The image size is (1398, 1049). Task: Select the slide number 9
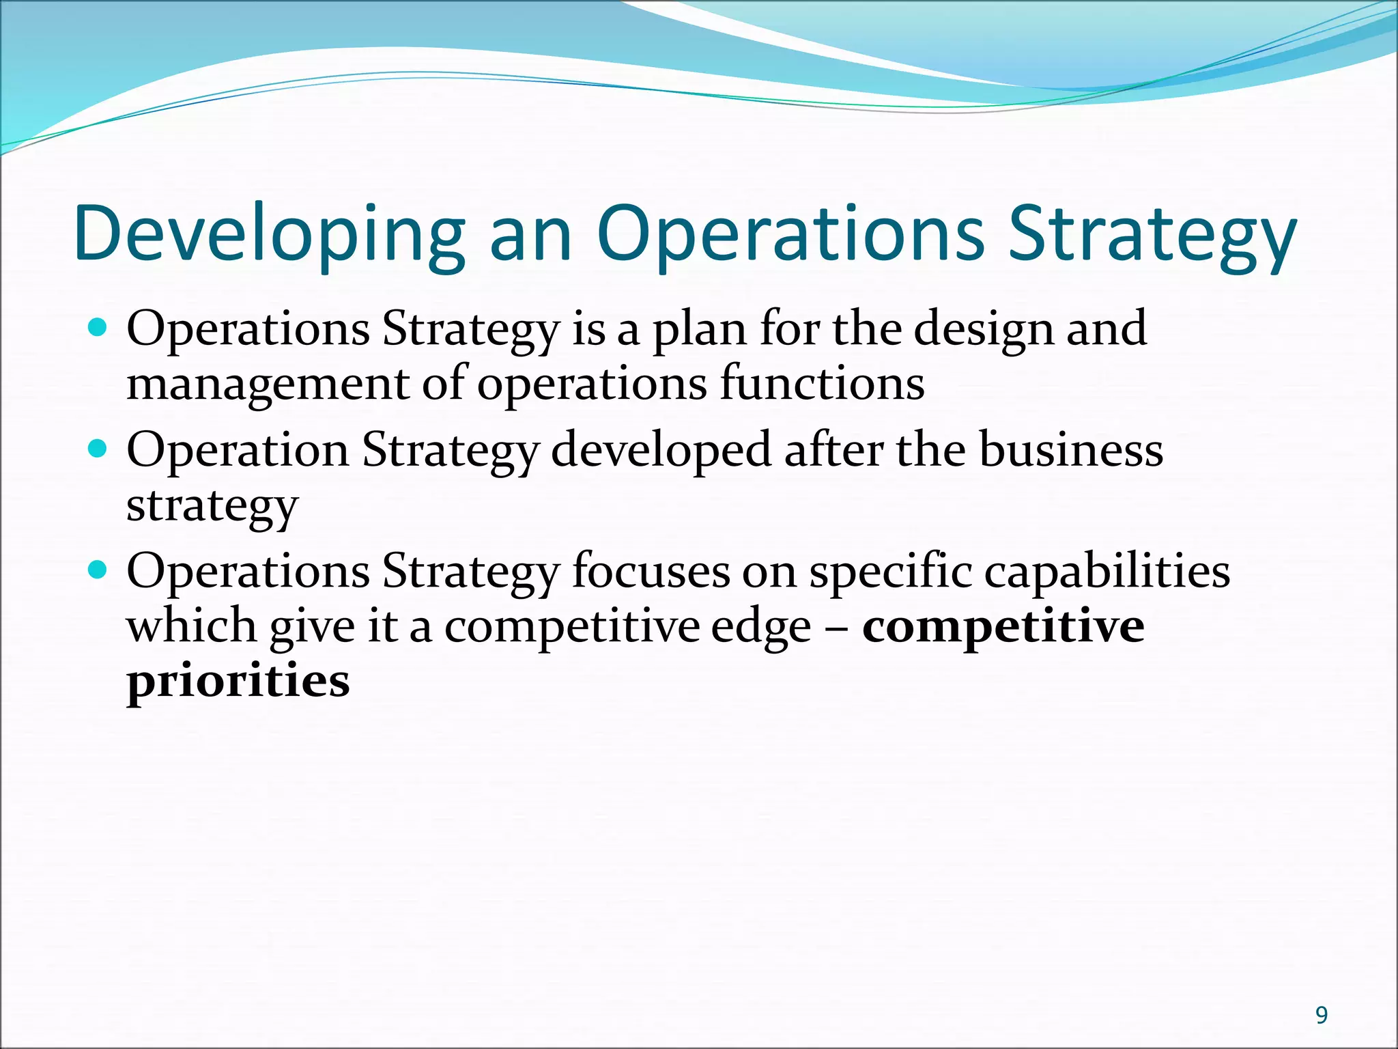click(1322, 1016)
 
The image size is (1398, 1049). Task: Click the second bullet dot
click(98, 449)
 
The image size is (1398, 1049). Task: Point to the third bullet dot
click(98, 570)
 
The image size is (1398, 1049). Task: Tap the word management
click(267, 384)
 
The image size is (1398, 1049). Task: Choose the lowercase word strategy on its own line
click(212, 507)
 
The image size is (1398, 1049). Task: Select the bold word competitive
click(1003, 627)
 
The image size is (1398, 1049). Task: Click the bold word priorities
click(238, 681)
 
